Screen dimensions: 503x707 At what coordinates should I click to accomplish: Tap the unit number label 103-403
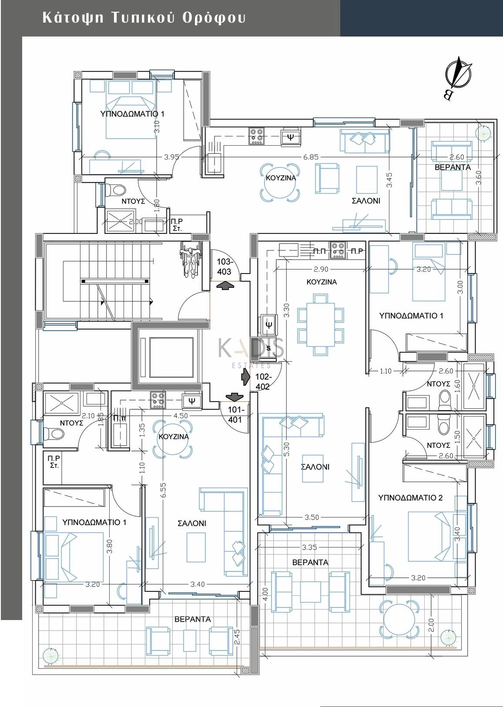point(224,267)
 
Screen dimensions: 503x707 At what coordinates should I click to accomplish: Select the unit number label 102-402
point(263,382)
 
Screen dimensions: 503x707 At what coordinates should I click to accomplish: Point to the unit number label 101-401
point(235,415)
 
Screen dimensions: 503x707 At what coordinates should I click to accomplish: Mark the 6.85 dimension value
point(311,157)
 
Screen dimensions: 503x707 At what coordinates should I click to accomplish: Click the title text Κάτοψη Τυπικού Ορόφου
point(144,18)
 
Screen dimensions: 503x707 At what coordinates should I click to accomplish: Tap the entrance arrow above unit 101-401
point(234,397)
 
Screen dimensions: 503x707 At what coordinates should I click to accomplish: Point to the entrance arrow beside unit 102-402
point(245,377)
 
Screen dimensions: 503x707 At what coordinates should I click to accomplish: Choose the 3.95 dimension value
point(172,157)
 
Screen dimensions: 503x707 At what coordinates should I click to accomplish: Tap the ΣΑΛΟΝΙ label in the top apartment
point(366,201)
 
